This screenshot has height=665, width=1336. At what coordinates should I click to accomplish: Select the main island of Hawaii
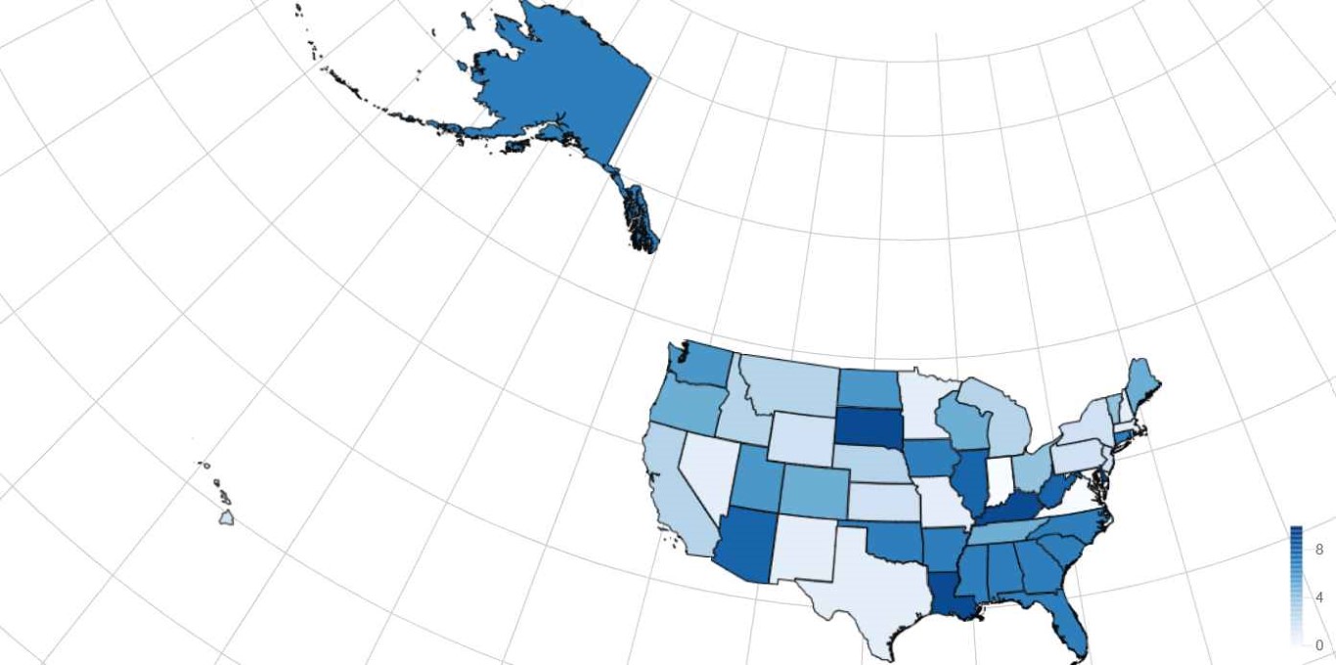click(226, 517)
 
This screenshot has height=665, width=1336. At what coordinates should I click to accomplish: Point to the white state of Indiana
click(999, 478)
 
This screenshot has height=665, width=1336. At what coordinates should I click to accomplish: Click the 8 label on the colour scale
click(1318, 550)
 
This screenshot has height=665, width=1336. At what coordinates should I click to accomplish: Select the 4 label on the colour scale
click(1318, 597)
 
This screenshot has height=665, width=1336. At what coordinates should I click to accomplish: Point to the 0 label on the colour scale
click(1318, 645)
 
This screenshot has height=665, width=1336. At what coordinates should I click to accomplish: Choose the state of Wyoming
click(802, 436)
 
